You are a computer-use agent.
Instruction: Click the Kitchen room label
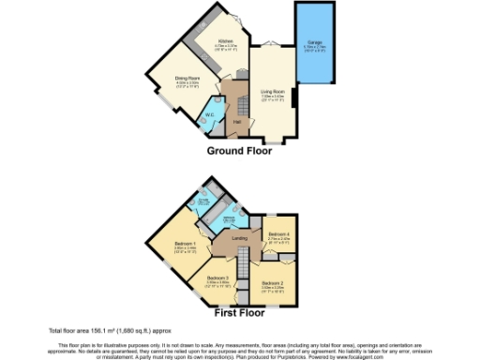click(x=225, y=41)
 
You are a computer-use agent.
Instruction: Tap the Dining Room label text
click(x=188, y=78)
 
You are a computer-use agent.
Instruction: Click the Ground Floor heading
click(x=239, y=151)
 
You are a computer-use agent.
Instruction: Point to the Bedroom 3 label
click(x=217, y=277)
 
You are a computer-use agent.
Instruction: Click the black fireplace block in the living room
click(x=294, y=97)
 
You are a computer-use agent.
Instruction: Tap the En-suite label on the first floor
click(x=203, y=200)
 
